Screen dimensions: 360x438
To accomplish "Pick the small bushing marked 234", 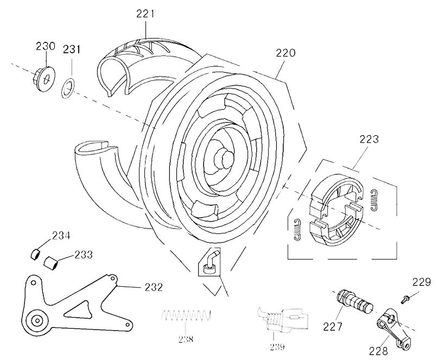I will [x=35, y=254].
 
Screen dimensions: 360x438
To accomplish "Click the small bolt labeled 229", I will [x=405, y=297].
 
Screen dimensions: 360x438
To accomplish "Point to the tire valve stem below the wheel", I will [x=210, y=260].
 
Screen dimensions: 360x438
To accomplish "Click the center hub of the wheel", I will [x=223, y=159].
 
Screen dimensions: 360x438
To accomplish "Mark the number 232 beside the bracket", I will [x=153, y=287].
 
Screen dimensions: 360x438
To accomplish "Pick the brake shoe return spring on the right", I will [x=374, y=199].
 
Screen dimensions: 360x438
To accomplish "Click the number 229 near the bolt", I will [x=421, y=282].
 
